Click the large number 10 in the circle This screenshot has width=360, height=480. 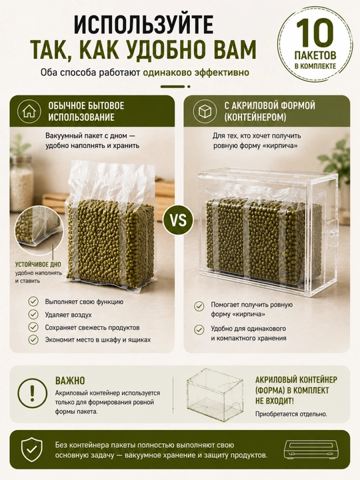[315, 33]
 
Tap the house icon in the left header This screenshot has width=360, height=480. [29, 111]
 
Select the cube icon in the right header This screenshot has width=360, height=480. [205, 111]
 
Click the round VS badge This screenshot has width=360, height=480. [178, 221]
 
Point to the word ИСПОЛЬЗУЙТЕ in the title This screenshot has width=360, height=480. [143, 25]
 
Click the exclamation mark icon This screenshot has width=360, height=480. [32, 393]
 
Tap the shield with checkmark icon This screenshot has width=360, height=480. [32, 449]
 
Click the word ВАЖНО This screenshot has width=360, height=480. [70, 381]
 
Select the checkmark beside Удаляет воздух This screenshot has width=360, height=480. [33, 315]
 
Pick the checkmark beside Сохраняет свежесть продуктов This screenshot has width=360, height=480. [33, 327]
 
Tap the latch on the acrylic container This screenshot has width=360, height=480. [331, 233]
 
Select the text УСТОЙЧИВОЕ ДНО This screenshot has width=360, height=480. [38, 265]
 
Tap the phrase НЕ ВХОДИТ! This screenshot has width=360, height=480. [274, 401]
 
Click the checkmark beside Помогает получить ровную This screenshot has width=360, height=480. [199, 306]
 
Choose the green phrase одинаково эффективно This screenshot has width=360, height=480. [195, 73]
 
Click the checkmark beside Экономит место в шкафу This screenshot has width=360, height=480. [33, 340]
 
